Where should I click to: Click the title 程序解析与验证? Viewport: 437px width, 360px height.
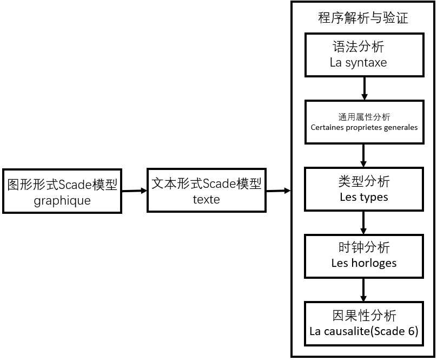(363, 18)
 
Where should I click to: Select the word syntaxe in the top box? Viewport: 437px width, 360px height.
(366, 62)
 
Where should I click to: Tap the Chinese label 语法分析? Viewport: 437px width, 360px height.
(359, 47)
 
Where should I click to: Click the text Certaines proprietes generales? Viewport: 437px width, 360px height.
(363, 128)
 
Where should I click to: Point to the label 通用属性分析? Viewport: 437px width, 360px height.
(363, 117)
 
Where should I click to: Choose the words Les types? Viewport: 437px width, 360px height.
(363, 197)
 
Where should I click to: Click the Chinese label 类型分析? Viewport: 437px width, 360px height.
(363, 181)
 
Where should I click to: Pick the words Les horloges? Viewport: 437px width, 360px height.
(363, 264)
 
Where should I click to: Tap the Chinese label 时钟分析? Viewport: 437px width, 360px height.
(363, 248)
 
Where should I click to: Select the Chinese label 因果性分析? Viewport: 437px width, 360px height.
(363, 316)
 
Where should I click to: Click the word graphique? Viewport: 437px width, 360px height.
(62, 201)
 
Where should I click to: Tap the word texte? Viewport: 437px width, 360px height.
(207, 199)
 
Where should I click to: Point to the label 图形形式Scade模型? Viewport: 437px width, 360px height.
(62, 185)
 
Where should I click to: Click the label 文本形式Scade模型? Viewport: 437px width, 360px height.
(207, 184)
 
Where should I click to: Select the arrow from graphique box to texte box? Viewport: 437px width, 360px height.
(134, 191)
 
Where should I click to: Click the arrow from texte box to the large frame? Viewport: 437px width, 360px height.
(279, 191)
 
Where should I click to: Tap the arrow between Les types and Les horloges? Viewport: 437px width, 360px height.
(363, 222)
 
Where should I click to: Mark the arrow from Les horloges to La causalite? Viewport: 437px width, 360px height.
(363, 290)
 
